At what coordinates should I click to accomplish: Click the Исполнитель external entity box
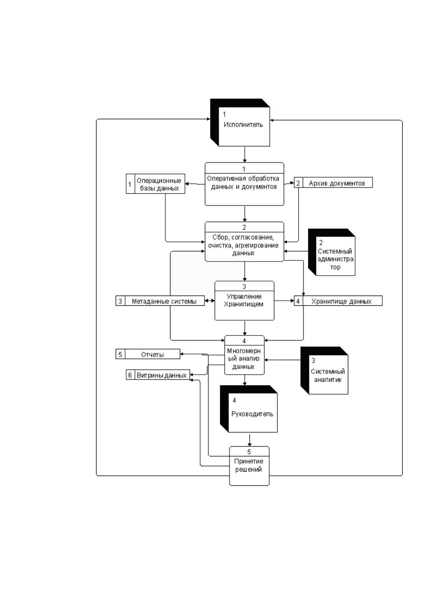(x=240, y=122)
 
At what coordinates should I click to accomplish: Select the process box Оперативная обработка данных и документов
(x=244, y=184)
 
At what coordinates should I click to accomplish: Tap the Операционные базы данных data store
(x=156, y=184)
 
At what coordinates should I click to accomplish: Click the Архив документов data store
(x=333, y=183)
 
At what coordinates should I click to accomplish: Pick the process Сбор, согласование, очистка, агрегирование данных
(x=244, y=242)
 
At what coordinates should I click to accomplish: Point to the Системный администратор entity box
(x=332, y=252)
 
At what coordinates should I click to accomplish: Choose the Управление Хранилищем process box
(x=244, y=301)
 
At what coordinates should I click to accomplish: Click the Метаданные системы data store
(x=160, y=301)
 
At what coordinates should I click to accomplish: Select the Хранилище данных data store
(x=338, y=301)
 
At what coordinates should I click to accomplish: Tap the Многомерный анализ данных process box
(x=244, y=355)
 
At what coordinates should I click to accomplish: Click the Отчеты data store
(x=148, y=354)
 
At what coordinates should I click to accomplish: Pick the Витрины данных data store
(x=158, y=375)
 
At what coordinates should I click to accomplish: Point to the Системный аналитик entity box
(x=324, y=370)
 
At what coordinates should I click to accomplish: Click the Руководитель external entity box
(x=249, y=409)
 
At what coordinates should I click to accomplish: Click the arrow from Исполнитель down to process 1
(x=244, y=155)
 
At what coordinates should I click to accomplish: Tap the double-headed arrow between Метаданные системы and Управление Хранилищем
(x=209, y=301)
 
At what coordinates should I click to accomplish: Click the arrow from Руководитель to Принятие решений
(x=250, y=439)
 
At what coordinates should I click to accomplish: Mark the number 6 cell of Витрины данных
(x=130, y=375)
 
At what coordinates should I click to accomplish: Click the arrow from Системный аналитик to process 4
(x=283, y=360)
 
